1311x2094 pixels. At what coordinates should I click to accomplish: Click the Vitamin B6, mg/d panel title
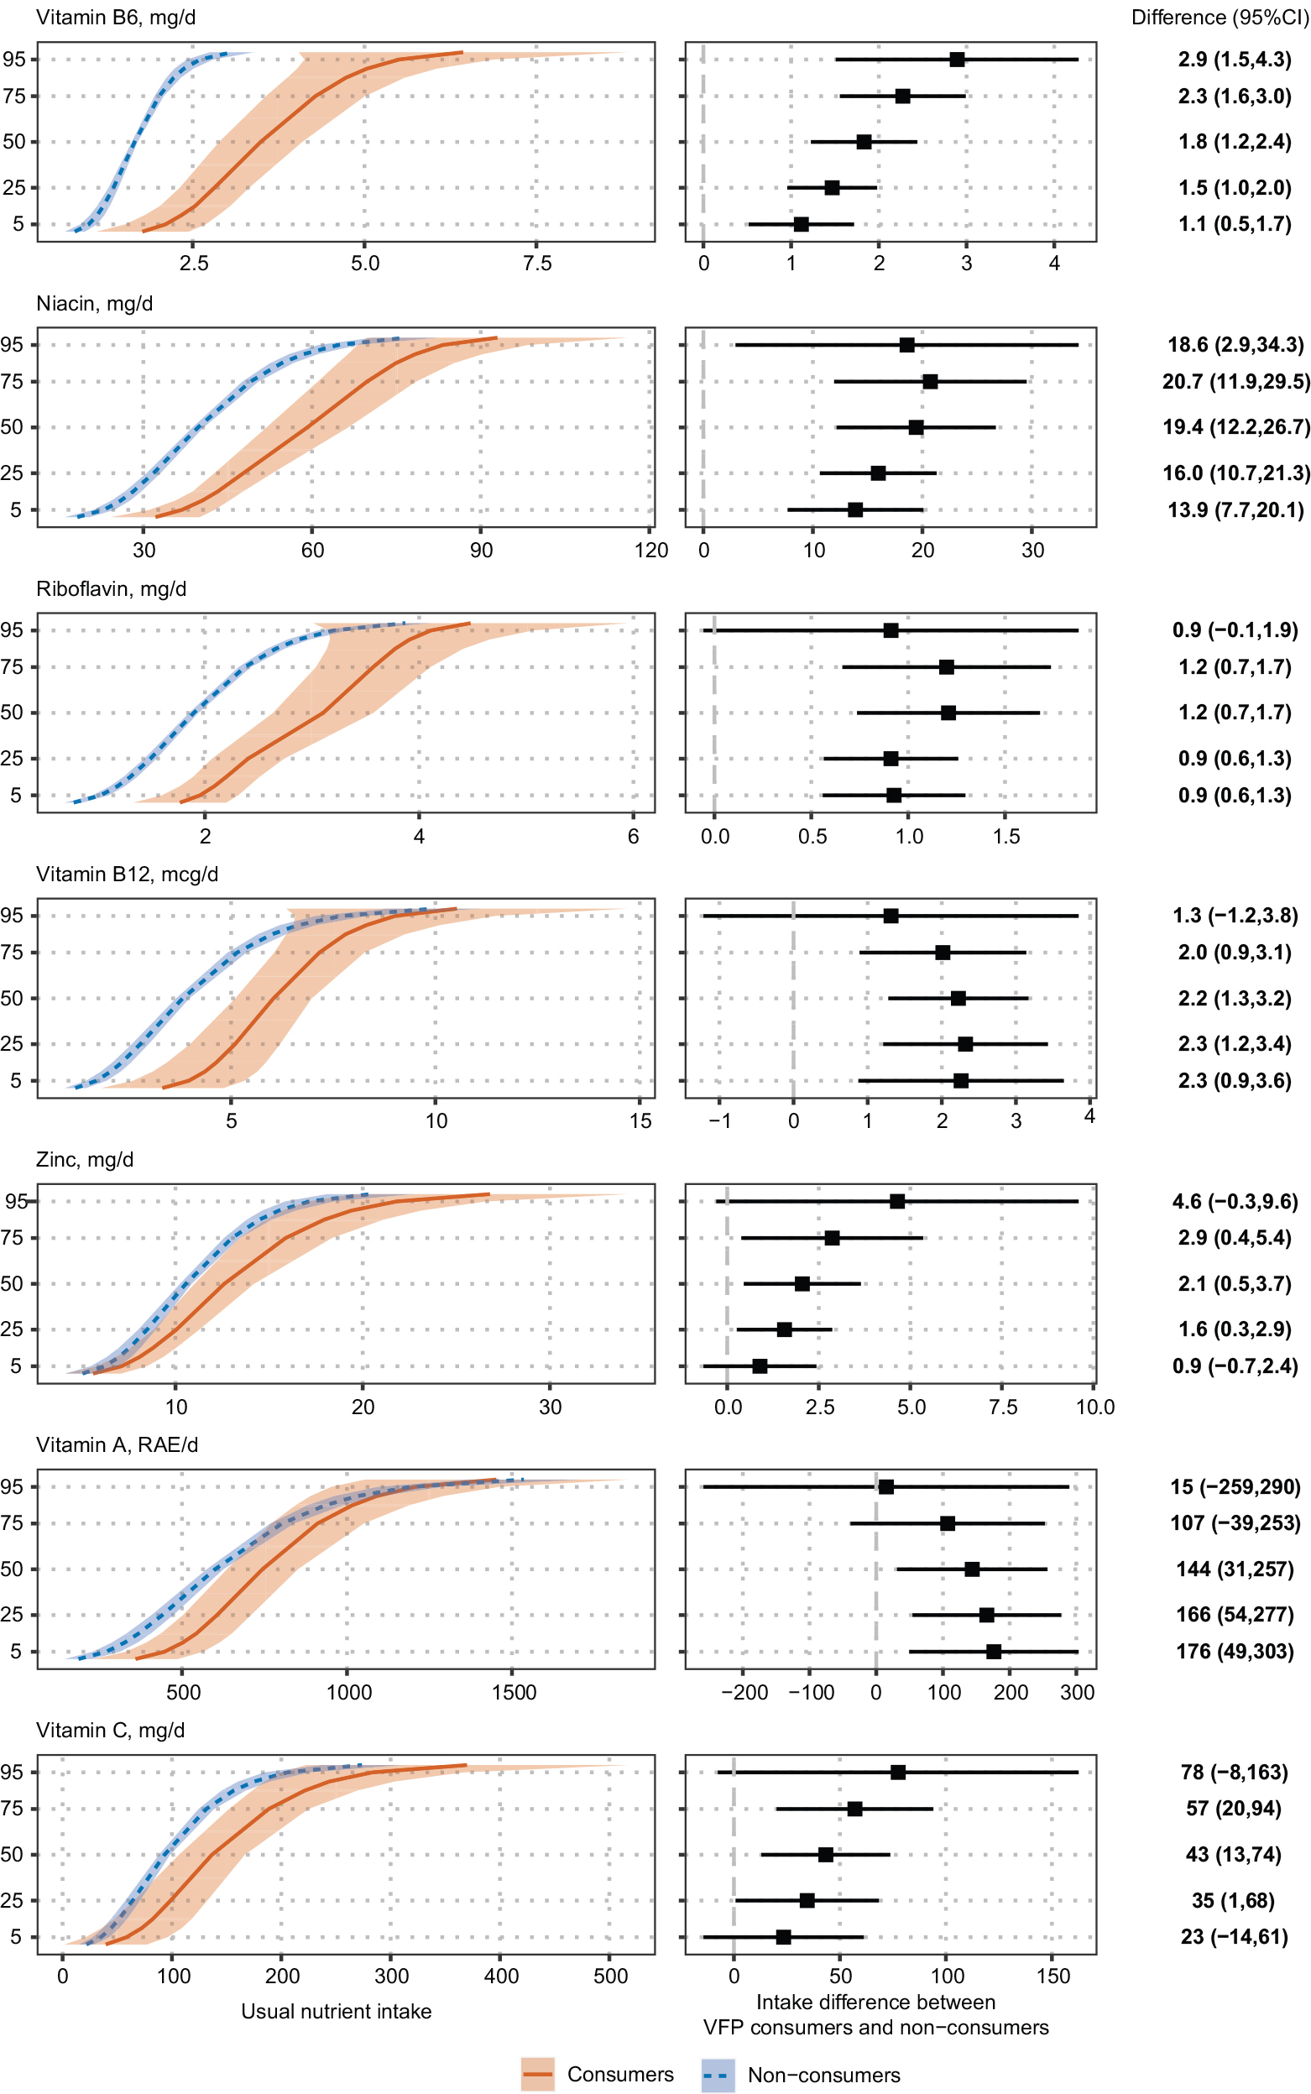(115, 18)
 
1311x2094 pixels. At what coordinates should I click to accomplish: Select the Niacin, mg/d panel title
(95, 304)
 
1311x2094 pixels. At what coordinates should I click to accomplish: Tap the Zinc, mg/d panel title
(85, 1159)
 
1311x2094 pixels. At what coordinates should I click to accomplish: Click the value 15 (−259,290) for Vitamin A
(1235, 1486)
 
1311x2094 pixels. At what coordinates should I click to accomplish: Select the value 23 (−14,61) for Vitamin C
(1234, 1936)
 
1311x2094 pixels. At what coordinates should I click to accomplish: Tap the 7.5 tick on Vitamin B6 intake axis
(536, 264)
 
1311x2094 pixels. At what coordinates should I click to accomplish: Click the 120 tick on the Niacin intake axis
(651, 550)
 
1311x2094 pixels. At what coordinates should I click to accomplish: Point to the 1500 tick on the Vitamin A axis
(514, 1692)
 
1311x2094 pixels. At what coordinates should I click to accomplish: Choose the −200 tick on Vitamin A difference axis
(744, 1692)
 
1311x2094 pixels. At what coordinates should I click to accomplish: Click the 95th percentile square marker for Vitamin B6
(956, 59)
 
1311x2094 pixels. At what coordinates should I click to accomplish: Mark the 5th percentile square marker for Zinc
(760, 1366)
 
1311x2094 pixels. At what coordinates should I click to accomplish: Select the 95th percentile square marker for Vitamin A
(885, 1486)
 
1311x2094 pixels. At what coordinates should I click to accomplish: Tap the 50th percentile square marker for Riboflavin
(948, 713)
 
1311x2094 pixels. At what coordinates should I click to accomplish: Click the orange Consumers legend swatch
(538, 2074)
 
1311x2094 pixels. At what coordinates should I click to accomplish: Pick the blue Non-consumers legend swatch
(717, 2075)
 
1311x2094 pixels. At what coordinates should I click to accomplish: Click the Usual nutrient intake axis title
(337, 2011)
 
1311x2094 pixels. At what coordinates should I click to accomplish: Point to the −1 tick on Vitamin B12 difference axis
(718, 1120)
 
